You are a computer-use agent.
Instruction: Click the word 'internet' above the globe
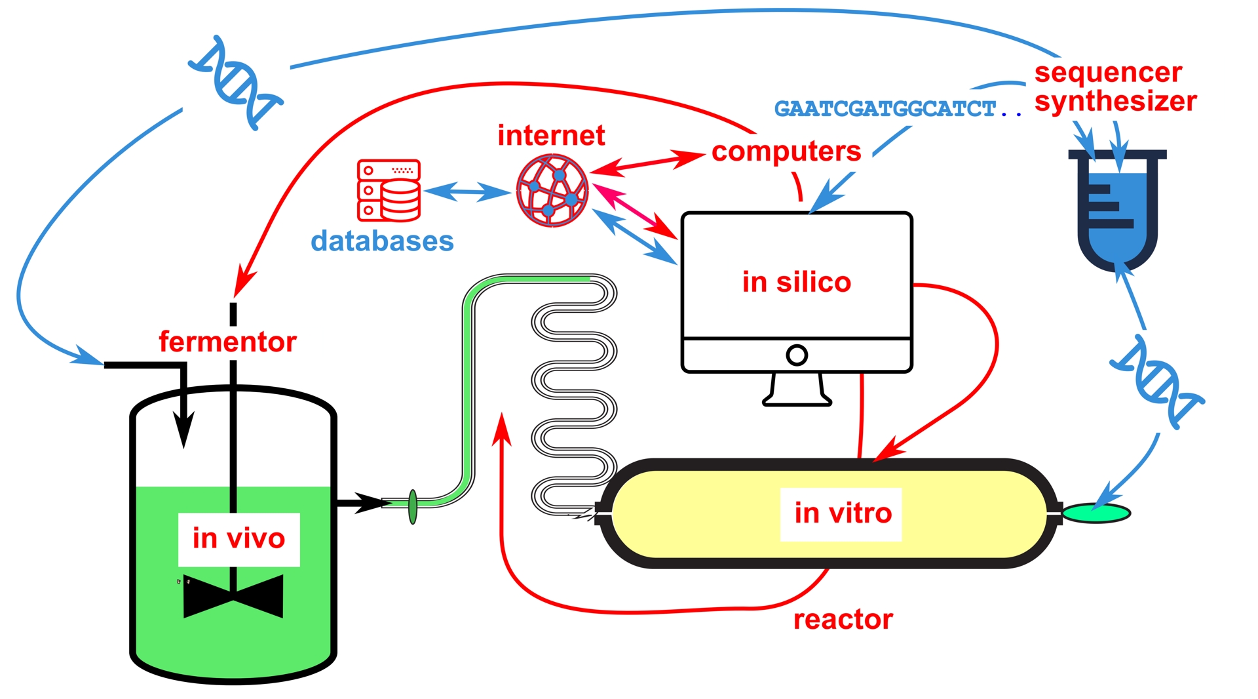coord(551,136)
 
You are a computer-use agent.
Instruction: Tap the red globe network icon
coord(552,191)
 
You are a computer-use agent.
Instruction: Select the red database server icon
coord(389,190)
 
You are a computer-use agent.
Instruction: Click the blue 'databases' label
coord(382,241)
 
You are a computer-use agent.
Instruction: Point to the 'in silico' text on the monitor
coord(796,282)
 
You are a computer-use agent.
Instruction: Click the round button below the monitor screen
coord(797,355)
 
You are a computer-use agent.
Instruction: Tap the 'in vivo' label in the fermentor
coord(238,539)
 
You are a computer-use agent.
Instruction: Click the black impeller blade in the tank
coord(233,597)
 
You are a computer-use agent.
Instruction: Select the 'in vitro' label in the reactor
coord(843,513)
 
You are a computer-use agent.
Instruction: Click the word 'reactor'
coord(843,620)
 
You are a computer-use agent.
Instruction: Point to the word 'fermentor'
coord(227,342)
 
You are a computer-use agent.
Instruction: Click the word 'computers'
coord(786,151)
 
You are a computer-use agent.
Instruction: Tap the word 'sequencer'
coord(1108,72)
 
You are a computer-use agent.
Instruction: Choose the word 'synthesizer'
coord(1115,102)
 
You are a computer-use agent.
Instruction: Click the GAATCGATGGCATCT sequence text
coord(885,109)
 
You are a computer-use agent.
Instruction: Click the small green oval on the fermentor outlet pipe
coord(413,507)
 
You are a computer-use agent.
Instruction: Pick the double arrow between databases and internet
coord(467,192)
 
